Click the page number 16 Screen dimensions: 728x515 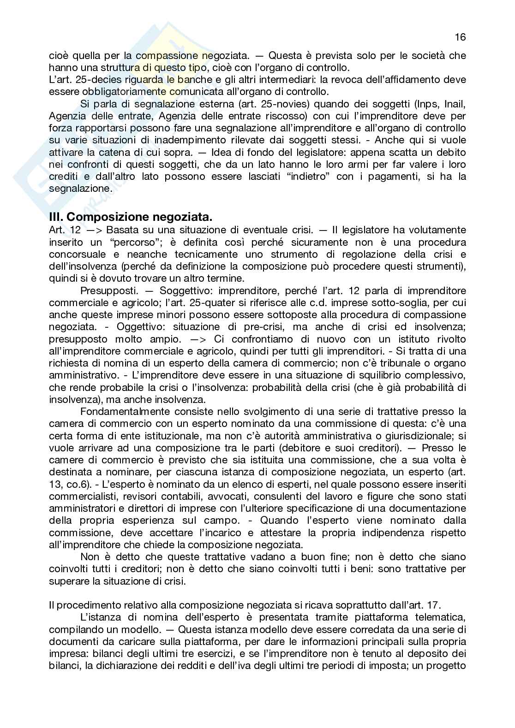pos(460,37)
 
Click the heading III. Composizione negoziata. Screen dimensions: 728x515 pos(131,216)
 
